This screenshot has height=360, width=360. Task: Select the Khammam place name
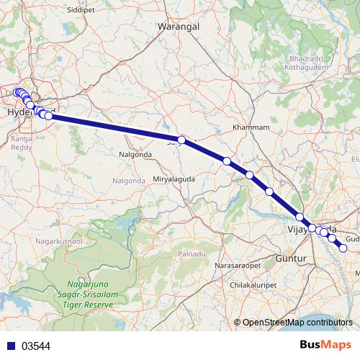click(x=251, y=127)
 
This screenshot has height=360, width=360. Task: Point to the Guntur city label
click(x=292, y=257)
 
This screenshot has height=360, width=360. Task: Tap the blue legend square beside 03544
click(x=8, y=346)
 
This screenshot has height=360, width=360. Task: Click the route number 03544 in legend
click(x=35, y=346)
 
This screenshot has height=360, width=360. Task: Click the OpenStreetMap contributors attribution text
click(x=297, y=323)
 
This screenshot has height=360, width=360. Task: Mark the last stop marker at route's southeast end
click(x=343, y=248)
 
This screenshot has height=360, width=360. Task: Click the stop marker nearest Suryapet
click(x=181, y=140)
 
